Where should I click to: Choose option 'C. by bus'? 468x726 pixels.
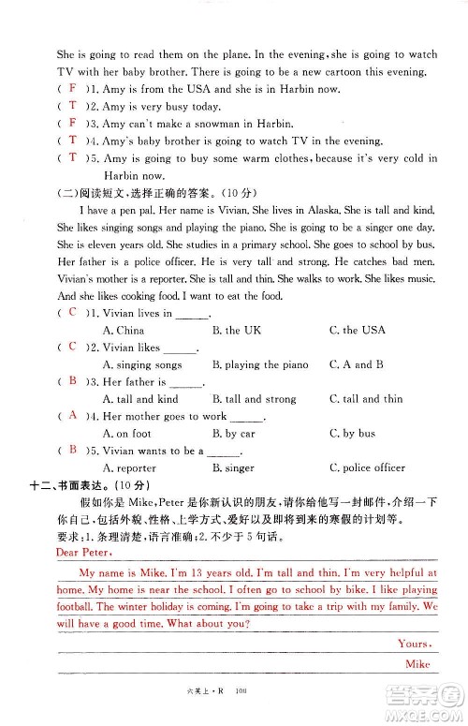(353, 434)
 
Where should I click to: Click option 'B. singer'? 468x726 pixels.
(233, 467)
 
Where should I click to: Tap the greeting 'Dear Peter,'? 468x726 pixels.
(57, 553)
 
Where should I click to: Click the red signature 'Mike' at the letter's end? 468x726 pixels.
(417, 663)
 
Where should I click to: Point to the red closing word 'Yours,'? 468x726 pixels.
(413, 644)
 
